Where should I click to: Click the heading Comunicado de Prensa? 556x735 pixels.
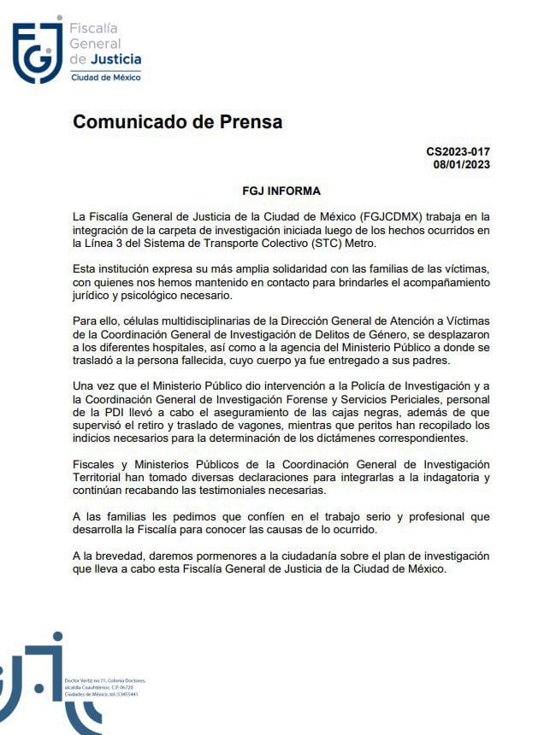point(177,122)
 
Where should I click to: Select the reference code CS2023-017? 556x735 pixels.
point(458,151)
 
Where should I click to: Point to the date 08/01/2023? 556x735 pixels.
point(461,165)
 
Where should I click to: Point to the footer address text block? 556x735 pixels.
point(110,687)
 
